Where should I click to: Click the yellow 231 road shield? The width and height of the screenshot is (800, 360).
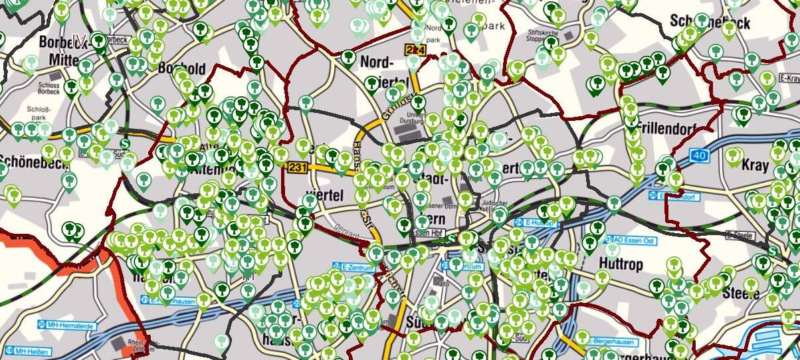[x=297, y=168]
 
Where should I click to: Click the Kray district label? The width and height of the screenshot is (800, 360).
[x=755, y=164]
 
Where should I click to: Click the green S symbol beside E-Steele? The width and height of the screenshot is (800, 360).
[x=772, y=251]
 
